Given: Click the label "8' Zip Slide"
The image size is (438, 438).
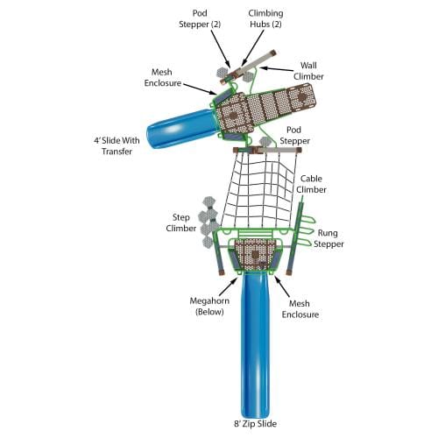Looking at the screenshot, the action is click(x=255, y=423).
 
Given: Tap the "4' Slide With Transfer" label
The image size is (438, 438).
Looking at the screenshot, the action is click(x=117, y=145).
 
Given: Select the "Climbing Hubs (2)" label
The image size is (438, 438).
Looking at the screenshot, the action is click(x=265, y=18).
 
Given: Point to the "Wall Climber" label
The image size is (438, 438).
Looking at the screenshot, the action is click(x=308, y=71).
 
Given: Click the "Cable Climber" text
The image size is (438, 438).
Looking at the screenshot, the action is click(x=311, y=184).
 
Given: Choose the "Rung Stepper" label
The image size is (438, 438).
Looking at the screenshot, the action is click(x=328, y=238).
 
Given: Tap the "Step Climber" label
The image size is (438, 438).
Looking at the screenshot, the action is click(x=181, y=223).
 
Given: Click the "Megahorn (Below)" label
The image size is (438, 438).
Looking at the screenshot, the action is click(x=209, y=306).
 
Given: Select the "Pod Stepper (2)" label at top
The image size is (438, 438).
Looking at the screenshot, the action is click(x=200, y=18).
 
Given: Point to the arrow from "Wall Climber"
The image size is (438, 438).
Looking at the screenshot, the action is click(x=276, y=69).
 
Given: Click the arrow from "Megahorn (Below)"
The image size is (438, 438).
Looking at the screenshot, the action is click(x=228, y=286).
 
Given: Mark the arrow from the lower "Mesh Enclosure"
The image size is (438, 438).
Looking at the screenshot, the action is click(x=282, y=286).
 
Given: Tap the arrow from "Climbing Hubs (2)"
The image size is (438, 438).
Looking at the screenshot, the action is click(x=253, y=48).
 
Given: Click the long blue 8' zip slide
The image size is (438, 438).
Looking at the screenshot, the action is click(x=255, y=344).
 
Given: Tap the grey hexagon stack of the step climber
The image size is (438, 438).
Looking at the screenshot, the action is click(x=208, y=223).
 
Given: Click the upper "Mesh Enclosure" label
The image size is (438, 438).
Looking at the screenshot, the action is click(x=163, y=77).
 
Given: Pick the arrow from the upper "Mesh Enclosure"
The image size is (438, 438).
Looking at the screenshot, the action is click(x=200, y=89).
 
